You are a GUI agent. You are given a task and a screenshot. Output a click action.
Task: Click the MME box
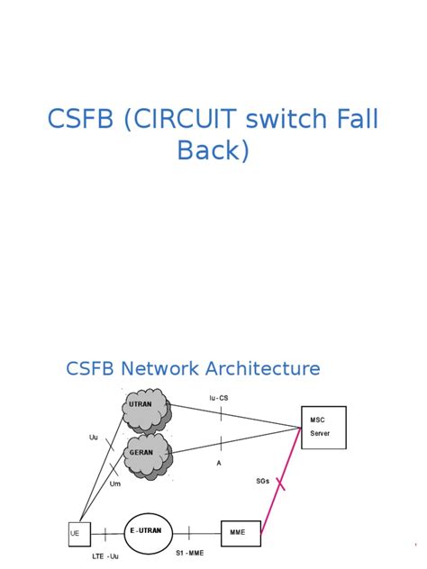click(x=240, y=532)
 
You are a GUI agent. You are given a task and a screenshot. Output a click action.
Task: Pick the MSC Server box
click(x=324, y=427)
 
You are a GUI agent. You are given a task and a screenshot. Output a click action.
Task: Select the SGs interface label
click(x=263, y=482)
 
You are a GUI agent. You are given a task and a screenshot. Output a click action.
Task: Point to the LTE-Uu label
click(x=105, y=555)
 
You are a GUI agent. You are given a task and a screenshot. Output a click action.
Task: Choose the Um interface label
click(x=114, y=483)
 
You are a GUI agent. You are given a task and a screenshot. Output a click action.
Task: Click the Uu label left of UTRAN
click(x=93, y=438)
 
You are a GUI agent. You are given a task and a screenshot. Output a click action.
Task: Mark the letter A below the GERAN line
click(x=219, y=463)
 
